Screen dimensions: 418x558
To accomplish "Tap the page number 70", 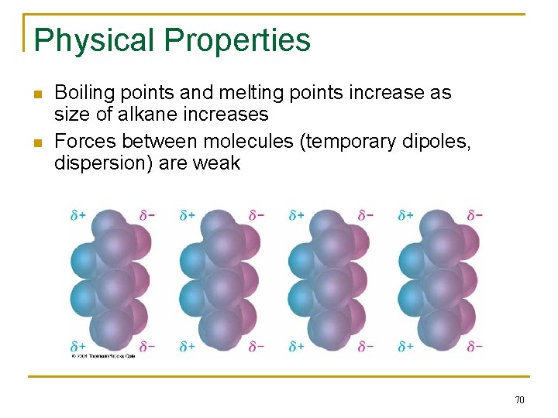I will click(519, 399).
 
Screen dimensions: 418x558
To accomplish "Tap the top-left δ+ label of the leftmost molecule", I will click(78, 215).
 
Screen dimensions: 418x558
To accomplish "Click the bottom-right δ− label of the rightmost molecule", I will click(474, 347).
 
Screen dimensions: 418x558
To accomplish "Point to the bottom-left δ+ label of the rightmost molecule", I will click(405, 347).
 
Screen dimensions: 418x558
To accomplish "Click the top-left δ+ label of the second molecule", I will click(188, 215).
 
